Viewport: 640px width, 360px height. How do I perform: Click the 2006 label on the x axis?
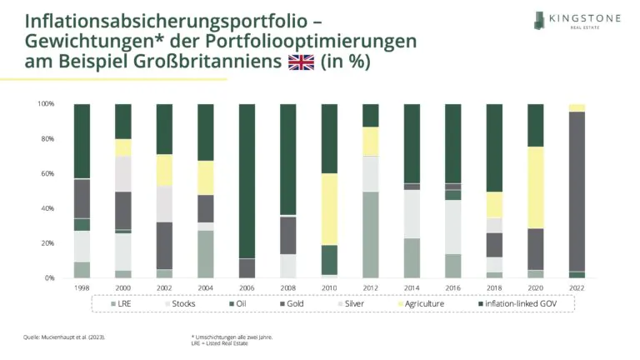pos(247,287)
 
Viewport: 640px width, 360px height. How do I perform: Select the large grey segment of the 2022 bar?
pos(577,192)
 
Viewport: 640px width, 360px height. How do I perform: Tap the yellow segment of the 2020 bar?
pos(536,187)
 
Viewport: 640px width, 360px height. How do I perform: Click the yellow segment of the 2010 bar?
pos(329,209)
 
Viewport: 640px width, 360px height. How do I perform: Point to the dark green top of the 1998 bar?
pos(82,141)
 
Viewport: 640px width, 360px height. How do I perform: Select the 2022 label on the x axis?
pos(577,287)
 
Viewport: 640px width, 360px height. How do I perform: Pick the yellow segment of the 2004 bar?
pos(205,177)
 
